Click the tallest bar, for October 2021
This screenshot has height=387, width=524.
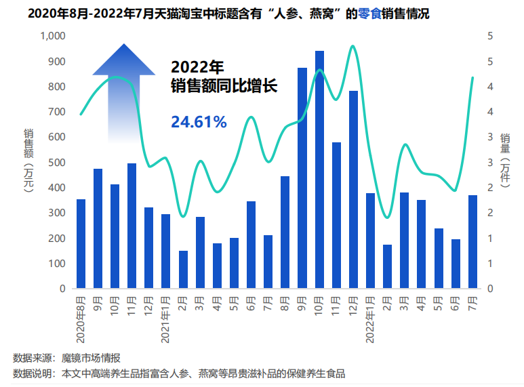pos(319,169)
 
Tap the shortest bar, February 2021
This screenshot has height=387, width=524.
pos(183,270)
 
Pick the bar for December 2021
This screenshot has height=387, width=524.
pos(353,190)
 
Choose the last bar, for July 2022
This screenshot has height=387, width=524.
pos(472,242)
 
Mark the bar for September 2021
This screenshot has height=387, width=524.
pos(302,178)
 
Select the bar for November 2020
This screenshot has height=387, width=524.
pos(132,226)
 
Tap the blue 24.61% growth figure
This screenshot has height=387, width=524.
pos(199,122)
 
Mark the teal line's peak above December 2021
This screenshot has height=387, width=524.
pos(352,46)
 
